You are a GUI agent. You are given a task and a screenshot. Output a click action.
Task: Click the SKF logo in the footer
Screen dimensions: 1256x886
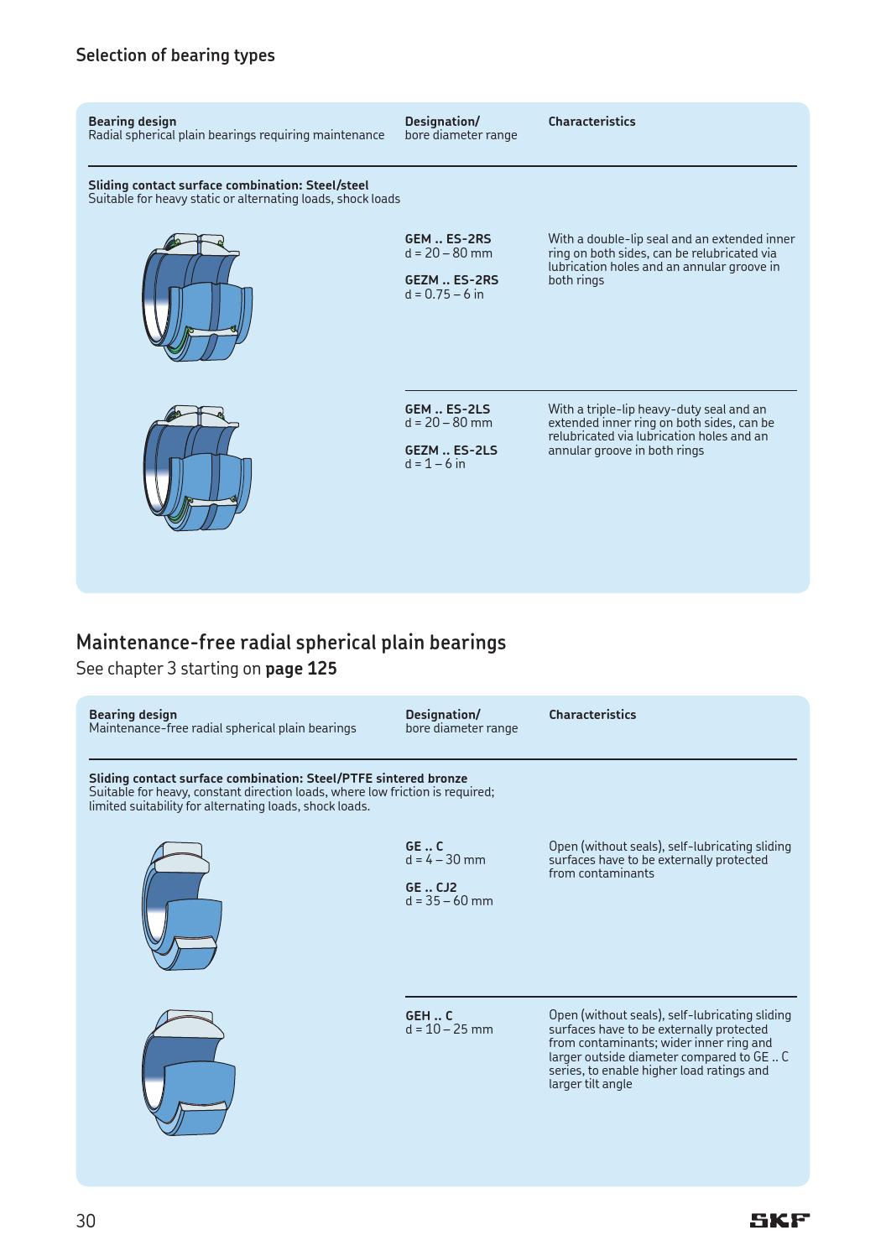pos(779,1220)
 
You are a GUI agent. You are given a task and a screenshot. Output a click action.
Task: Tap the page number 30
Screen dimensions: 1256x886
pos(86,1221)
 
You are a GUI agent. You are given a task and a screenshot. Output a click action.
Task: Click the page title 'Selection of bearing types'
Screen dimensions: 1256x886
pos(175,55)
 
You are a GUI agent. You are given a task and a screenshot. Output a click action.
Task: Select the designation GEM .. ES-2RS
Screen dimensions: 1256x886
pos(447,239)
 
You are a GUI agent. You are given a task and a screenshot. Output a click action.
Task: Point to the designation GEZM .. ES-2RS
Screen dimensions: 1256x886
pos(451,280)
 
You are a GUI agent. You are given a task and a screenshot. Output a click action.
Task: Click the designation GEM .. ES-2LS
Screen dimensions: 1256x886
pos(447,409)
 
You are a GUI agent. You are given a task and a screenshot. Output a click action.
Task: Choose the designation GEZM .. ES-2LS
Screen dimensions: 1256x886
pos(451,451)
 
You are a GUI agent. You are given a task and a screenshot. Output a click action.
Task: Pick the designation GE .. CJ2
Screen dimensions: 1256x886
pos(430,888)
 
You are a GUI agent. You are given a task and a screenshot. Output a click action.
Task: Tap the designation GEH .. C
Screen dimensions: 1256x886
pos(428,1016)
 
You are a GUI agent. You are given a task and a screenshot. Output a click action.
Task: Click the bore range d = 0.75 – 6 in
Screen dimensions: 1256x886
pos(444,294)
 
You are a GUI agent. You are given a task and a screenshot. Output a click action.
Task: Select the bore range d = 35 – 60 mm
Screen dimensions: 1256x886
pos(449,901)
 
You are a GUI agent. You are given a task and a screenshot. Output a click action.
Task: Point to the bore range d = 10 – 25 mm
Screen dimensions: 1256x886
pos(449,1029)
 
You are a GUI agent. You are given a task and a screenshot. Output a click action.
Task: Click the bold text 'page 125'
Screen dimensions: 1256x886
pos(300,669)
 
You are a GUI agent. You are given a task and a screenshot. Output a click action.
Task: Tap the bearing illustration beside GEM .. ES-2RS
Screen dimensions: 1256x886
pos(197,297)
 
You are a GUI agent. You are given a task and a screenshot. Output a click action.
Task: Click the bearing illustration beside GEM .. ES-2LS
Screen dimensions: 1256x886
pos(197,467)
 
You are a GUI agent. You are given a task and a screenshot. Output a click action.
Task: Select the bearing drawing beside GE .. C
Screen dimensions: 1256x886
pos(183,905)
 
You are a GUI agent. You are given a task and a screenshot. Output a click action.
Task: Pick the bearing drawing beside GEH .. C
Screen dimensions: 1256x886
pos(188,1072)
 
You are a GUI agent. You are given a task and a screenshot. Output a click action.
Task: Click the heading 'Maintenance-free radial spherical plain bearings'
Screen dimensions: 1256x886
pos(290,643)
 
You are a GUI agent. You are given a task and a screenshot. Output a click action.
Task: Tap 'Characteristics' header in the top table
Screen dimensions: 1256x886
pos(592,122)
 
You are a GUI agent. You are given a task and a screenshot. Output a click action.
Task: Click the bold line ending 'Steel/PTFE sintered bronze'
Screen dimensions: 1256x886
pos(278,779)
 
